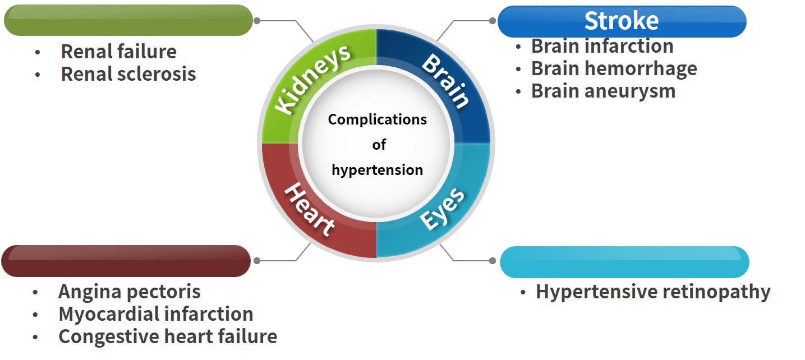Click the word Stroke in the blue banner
pos(621,21)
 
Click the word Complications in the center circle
pos(377,119)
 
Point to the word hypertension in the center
pos(377,169)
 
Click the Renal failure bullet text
pos(118,52)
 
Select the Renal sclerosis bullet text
pos(128,74)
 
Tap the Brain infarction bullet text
pos(602,46)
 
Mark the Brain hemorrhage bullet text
pos(614,68)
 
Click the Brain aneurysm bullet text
pos(603,91)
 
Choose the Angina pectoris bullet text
pos(129,292)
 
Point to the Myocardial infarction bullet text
pos(155,314)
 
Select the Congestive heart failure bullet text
pos(167,336)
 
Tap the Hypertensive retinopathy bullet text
pos(652,292)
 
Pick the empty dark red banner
pos(126,261)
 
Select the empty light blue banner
pos(624,262)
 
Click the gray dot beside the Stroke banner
pos(493,21)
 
